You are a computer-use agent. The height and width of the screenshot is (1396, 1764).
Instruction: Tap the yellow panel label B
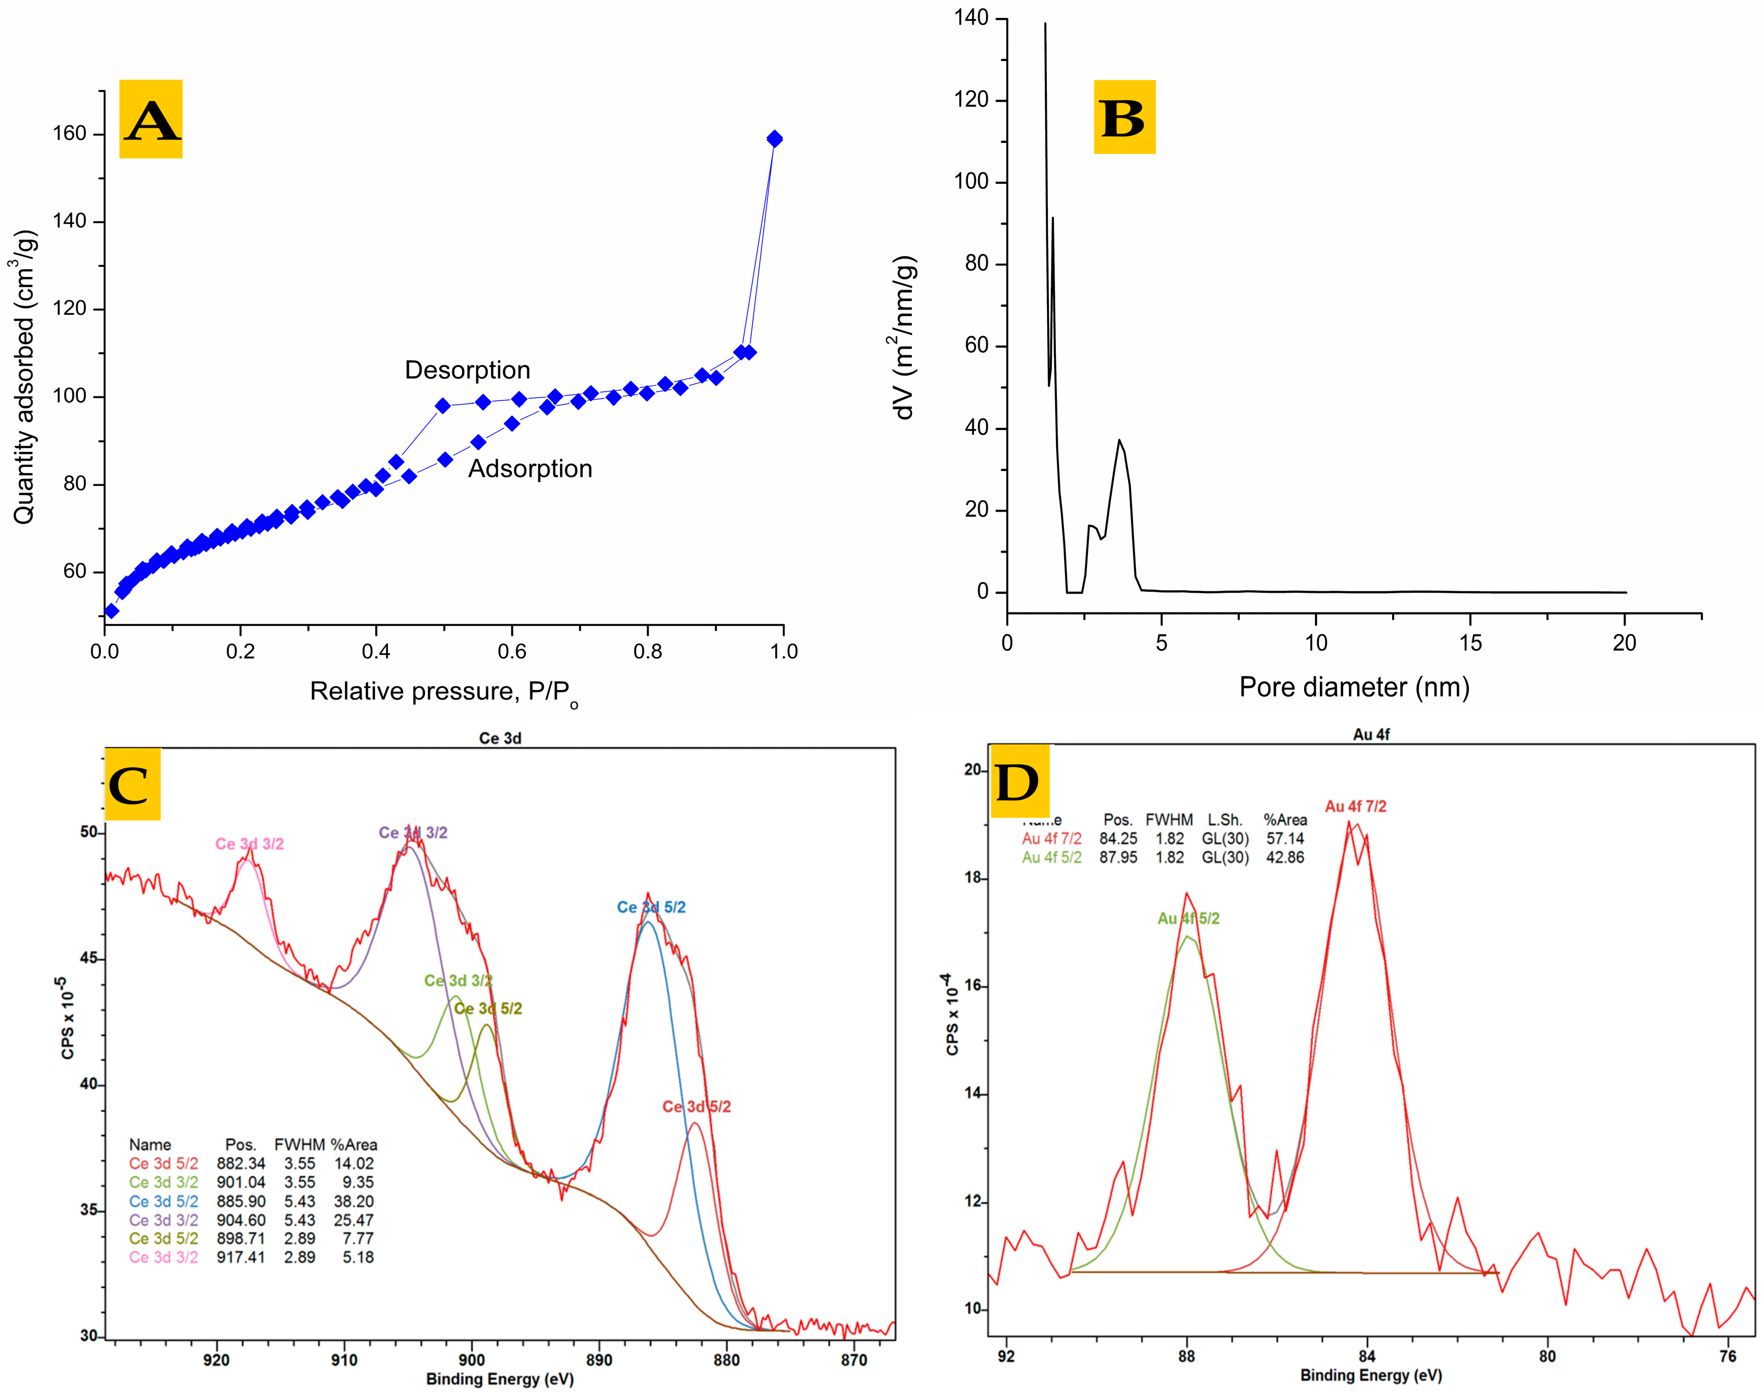1124,117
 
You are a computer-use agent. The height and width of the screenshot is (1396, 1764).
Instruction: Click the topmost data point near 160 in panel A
774,139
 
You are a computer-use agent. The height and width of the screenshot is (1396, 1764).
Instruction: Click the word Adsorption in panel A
530,469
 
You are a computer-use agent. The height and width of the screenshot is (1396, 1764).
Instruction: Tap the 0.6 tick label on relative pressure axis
512,651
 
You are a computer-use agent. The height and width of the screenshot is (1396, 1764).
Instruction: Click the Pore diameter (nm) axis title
1354,687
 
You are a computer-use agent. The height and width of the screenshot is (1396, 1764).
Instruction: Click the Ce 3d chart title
500,738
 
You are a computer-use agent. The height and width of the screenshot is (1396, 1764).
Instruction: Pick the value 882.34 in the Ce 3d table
241,1163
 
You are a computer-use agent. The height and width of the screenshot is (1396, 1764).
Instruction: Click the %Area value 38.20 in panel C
353,1201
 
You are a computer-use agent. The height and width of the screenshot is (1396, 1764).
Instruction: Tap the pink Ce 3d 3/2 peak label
249,843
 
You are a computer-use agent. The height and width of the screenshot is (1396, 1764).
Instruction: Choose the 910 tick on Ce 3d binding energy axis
344,1360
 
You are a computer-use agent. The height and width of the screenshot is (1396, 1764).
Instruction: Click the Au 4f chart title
1371,734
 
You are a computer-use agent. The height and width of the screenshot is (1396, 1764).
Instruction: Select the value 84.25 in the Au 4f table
1118,839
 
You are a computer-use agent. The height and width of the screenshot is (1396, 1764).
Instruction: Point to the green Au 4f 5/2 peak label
1188,918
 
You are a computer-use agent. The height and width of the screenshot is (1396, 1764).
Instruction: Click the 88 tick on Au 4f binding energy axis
1186,1356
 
